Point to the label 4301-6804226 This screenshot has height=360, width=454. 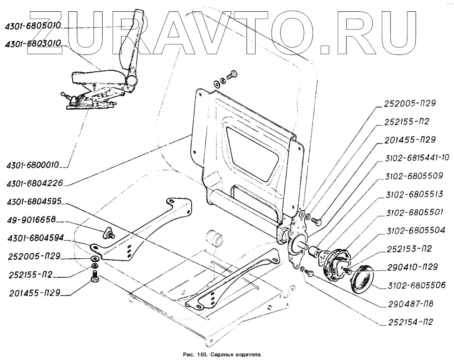click(x=35, y=183)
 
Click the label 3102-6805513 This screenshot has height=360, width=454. click(x=414, y=194)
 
